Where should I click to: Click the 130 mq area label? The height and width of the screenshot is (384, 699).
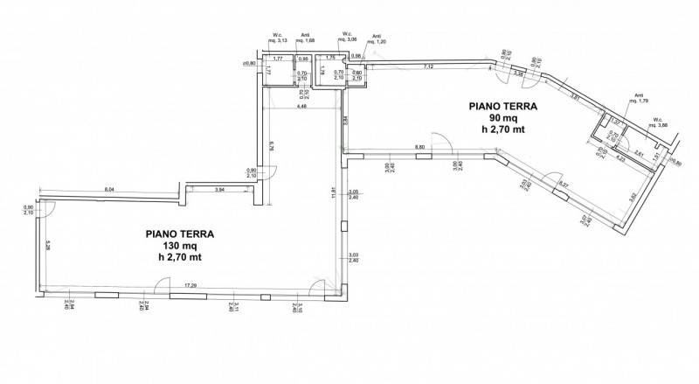click(180, 246)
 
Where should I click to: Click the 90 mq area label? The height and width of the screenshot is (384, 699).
click(502, 119)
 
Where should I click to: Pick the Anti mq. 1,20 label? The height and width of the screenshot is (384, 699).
click(378, 39)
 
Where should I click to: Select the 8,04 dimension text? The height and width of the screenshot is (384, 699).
click(109, 188)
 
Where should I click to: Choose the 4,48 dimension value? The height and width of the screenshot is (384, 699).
click(301, 106)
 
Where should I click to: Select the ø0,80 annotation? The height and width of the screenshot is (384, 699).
click(248, 63)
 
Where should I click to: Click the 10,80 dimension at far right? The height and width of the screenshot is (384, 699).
click(675, 162)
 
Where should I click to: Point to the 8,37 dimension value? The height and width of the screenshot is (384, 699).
click(564, 185)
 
